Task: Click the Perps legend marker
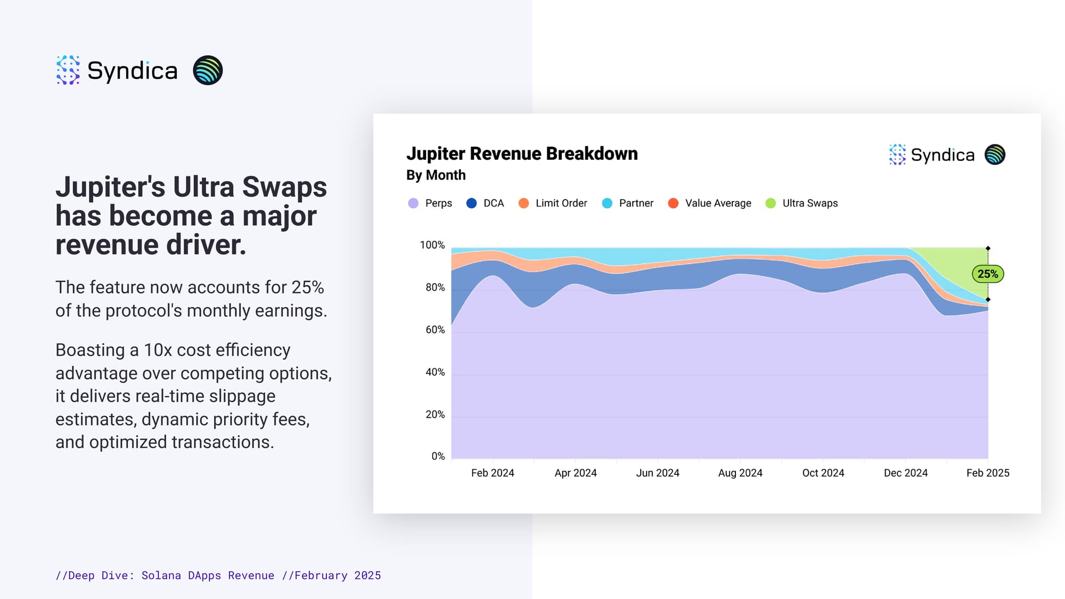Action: coord(413,203)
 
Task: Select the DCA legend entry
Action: coord(485,203)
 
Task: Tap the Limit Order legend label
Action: coord(561,203)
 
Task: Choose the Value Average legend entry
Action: coord(709,203)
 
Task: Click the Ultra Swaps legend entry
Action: coord(801,203)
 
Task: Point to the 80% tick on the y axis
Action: coord(435,288)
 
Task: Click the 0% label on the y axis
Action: coord(438,456)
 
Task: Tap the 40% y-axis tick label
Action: coord(435,372)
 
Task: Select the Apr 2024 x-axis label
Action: coord(576,473)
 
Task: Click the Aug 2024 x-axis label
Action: coord(740,473)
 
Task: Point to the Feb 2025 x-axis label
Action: coord(988,473)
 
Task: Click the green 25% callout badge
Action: coord(988,274)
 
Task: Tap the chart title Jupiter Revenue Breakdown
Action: coord(522,154)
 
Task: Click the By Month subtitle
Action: coord(436,175)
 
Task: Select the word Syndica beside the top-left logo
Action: coord(132,71)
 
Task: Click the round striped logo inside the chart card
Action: coord(995,155)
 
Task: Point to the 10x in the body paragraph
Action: coord(158,350)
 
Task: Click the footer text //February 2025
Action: coord(331,576)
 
